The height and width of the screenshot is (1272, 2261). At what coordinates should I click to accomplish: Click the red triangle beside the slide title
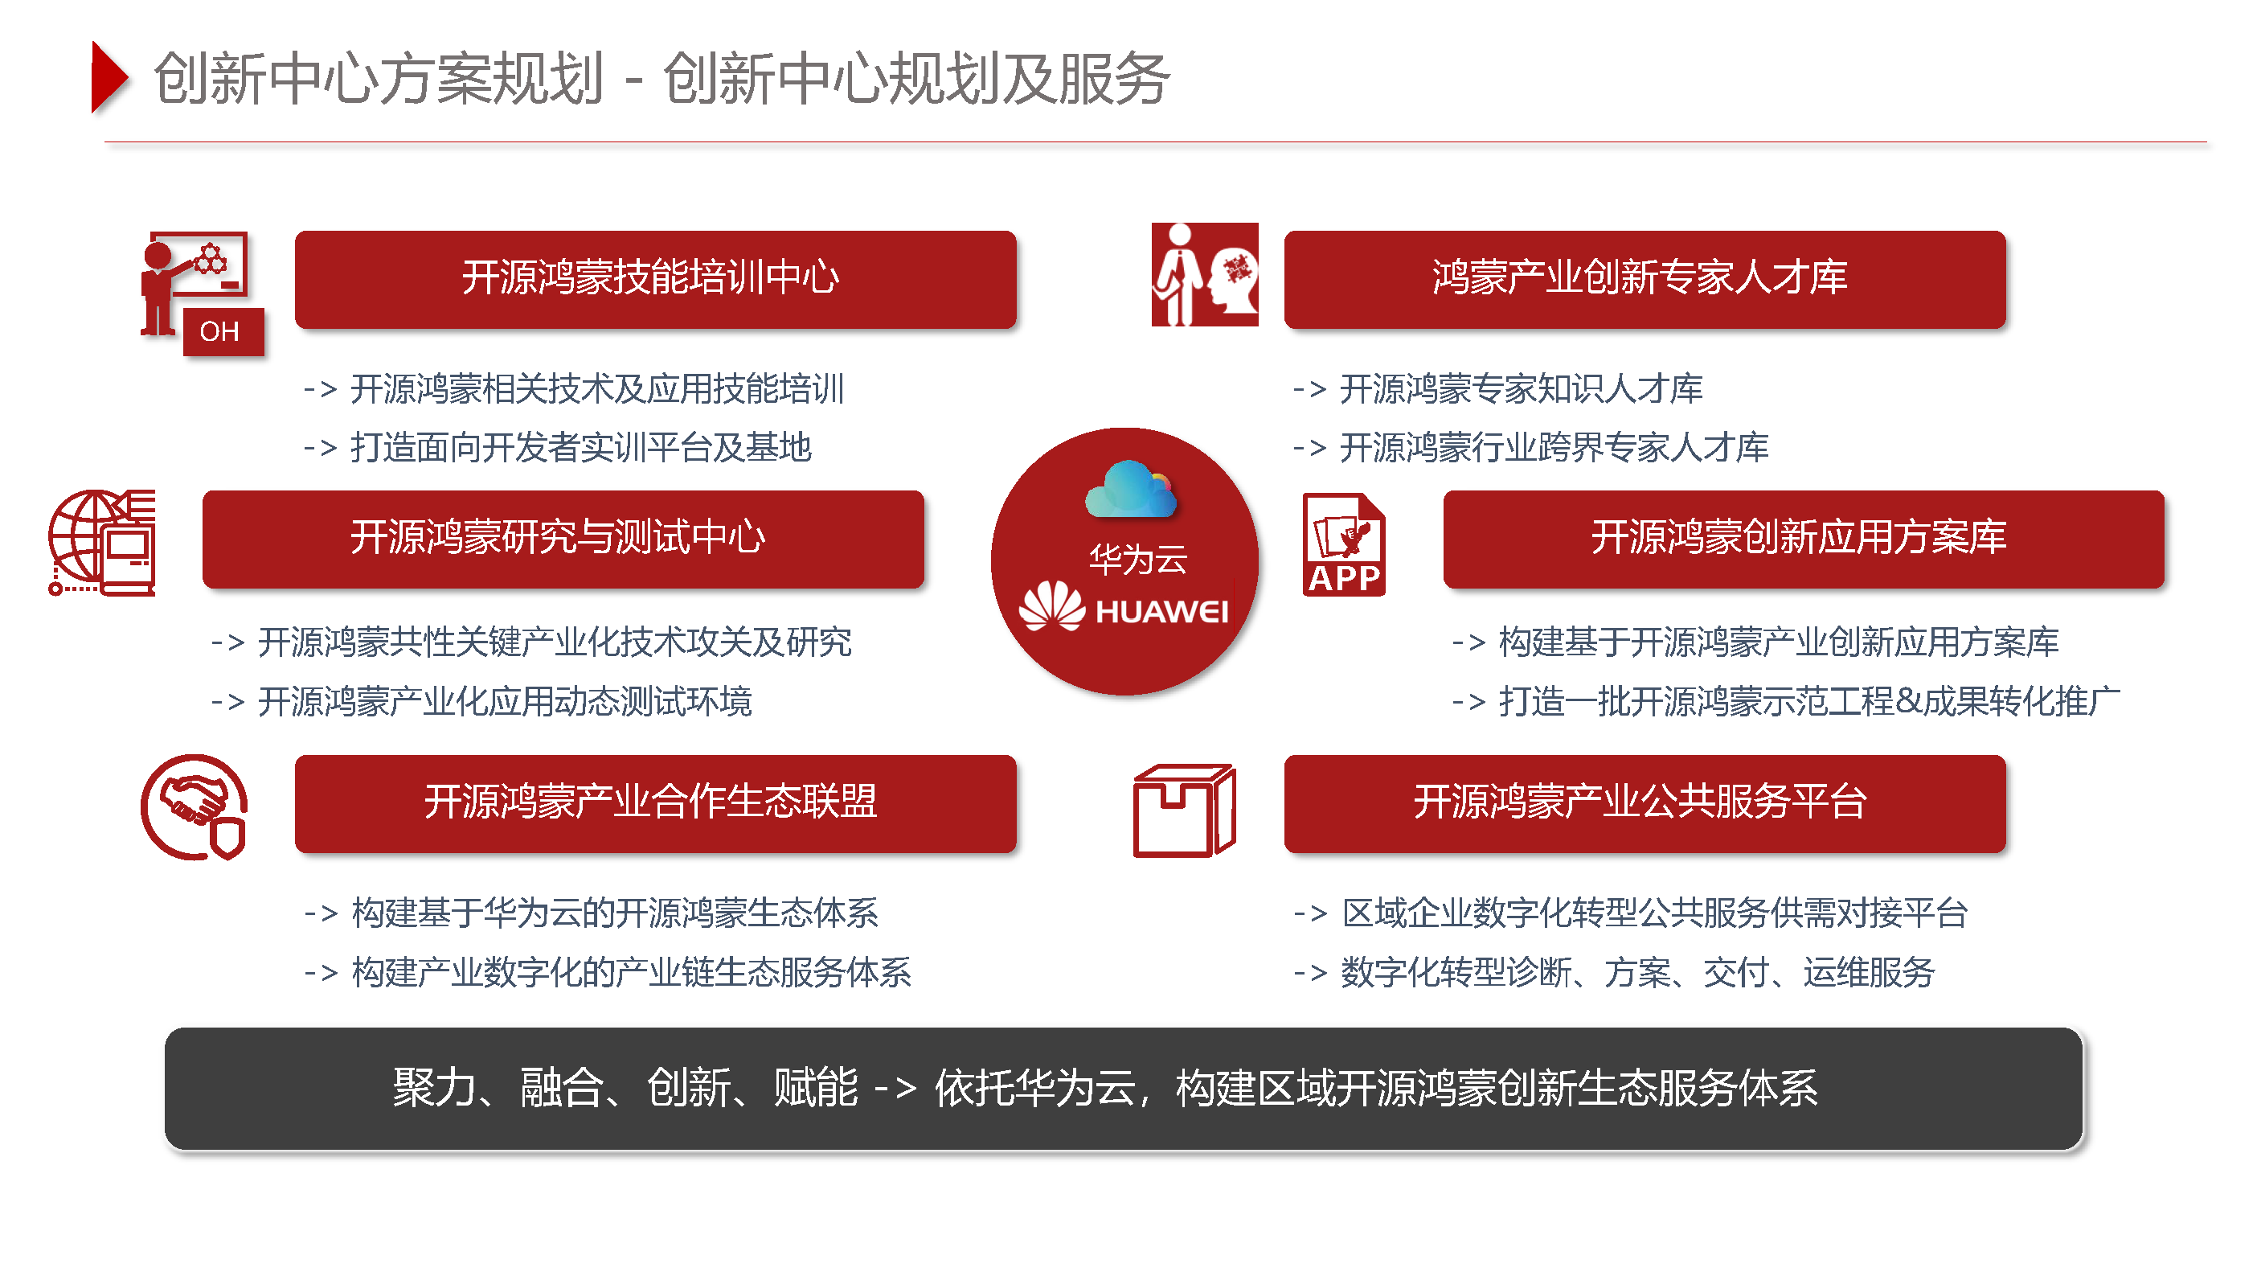(x=109, y=77)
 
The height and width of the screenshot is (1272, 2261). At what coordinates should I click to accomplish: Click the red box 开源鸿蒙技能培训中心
(x=655, y=279)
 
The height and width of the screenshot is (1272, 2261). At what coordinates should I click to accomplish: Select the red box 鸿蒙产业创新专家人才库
(x=1644, y=279)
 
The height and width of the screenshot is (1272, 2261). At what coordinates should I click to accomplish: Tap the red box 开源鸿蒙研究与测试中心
(x=563, y=539)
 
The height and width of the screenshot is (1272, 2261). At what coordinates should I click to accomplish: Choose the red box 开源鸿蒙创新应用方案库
(x=1803, y=539)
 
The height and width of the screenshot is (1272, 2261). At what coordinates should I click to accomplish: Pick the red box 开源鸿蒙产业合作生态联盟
(x=655, y=803)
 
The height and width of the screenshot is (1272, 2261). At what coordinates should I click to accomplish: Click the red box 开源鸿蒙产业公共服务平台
(x=1644, y=803)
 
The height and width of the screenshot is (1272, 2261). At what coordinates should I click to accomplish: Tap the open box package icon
(x=1184, y=810)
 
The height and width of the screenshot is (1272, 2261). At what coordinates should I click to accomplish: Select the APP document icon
(x=1344, y=544)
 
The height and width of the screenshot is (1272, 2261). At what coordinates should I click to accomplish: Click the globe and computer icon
(x=102, y=543)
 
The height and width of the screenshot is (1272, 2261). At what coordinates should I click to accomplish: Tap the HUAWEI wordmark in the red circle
(x=1161, y=611)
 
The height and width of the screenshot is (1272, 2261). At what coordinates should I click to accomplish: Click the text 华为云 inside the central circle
(x=1137, y=559)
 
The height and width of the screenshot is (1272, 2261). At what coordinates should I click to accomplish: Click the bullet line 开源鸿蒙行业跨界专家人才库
(x=1530, y=448)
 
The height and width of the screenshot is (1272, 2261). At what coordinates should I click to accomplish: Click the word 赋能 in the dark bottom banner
(x=815, y=1088)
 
